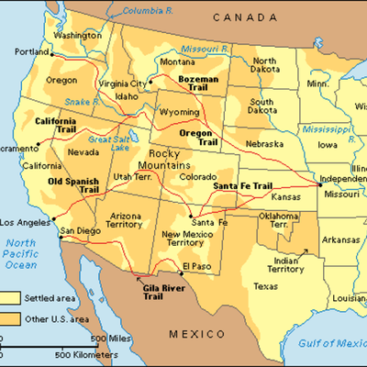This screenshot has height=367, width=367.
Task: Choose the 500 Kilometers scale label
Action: click(88, 354)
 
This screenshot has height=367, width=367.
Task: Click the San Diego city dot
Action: click(58, 234)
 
